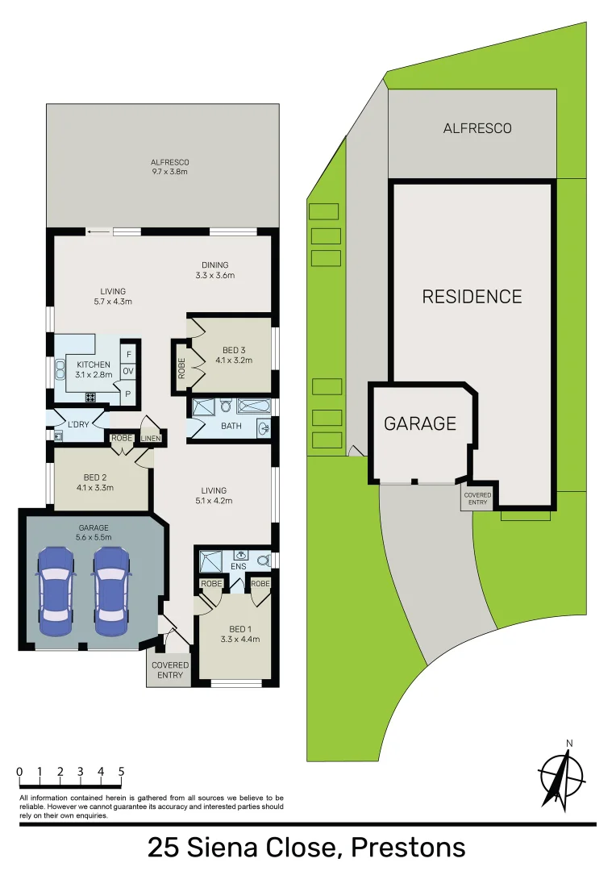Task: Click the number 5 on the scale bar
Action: pyautogui.click(x=121, y=772)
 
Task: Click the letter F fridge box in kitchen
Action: pyautogui.click(x=127, y=354)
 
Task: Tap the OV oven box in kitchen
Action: pyautogui.click(x=127, y=372)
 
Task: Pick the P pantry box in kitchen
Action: pyautogui.click(x=127, y=393)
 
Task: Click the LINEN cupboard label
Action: pyautogui.click(x=151, y=439)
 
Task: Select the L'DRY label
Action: pyautogui.click(x=78, y=424)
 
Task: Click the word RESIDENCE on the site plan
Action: pyautogui.click(x=472, y=297)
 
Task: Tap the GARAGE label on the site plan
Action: pyautogui.click(x=419, y=423)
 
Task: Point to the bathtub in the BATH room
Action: pyautogui.click(x=254, y=406)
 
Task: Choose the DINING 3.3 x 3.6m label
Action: pyautogui.click(x=215, y=270)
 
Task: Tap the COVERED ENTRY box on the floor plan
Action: pyautogui.click(x=169, y=670)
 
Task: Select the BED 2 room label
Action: pyautogui.click(x=95, y=481)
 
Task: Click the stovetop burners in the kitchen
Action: pyautogui.click(x=90, y=397)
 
